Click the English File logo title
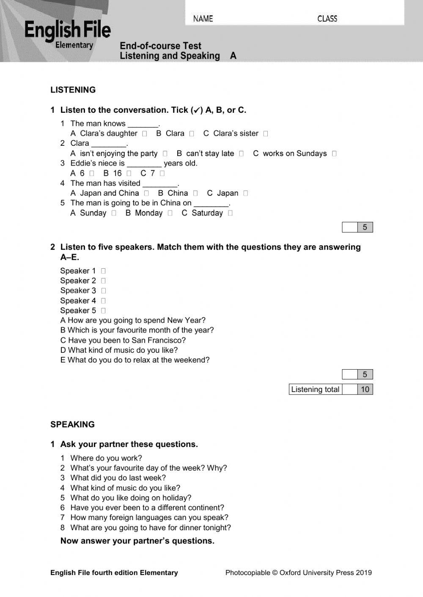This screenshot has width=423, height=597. [68, 30]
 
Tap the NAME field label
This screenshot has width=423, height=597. [203, 19]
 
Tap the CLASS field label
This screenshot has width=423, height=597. [327, 19]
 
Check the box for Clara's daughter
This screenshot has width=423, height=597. [145, 134]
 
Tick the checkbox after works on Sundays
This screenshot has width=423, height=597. [334, 154]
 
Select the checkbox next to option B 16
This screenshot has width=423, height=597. [129, 173]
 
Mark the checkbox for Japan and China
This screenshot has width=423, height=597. [146, 193]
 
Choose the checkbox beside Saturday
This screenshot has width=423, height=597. [230, 213]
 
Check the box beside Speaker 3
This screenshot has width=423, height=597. [103, 291]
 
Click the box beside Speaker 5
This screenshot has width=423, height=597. [103, 311]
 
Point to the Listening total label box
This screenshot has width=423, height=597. [315, 390]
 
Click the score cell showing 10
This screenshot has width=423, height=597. [365, 390]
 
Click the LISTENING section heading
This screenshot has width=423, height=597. [73, 90]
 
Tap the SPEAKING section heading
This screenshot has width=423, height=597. [72, 425]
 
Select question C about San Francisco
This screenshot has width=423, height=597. [123, 340]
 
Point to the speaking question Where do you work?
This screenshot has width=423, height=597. [106, 458]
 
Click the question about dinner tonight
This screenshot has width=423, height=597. [151, 527]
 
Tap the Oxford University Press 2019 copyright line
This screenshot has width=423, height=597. [298, 572]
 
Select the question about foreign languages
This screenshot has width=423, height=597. [149, 518]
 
